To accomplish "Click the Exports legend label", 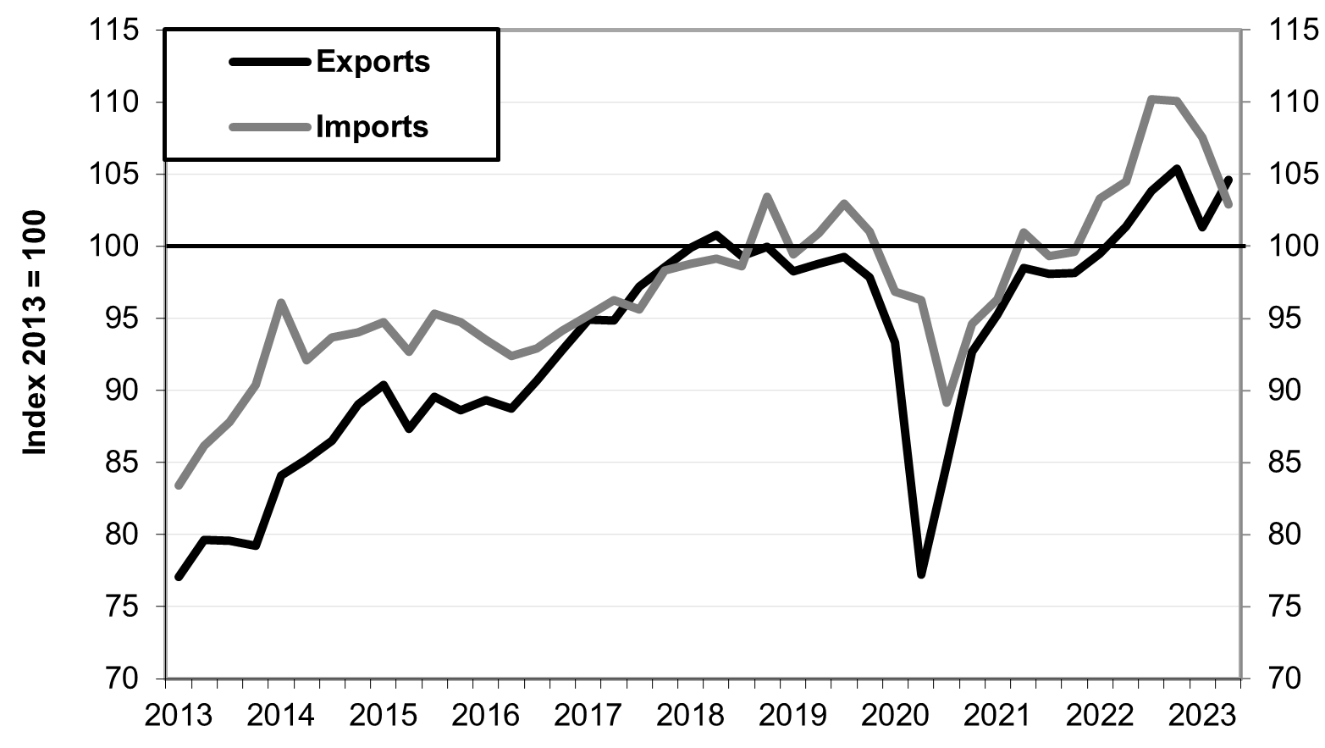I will pyautogui.click(x=373, y=62).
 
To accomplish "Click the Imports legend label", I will pyautogui.click(x=373, y=127).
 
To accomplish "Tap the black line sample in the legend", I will pyautogui.click(x=270, y=62).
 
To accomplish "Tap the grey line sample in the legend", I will pyautogui.click(x=270, y=127).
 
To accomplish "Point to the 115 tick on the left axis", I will pyautogui.click(x=116, y=30).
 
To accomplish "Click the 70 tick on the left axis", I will pyautogui.click(x=122, y=679).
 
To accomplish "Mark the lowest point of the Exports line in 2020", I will pyautogui.click(x=921, y=574).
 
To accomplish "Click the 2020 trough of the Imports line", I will pyautogui.click(x=947, y=403).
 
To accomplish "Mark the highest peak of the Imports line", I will pyautogui.click(x=1152, y=99).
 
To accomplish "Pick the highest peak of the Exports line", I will pyautogui.click(x=1177, y=169).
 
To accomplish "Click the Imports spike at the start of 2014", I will pyautogui.click(x=281, y=302).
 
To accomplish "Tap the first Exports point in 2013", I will pyautogui.click(x=179, y=577).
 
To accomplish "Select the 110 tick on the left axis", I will pyautogui.click(x=116, y=103).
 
